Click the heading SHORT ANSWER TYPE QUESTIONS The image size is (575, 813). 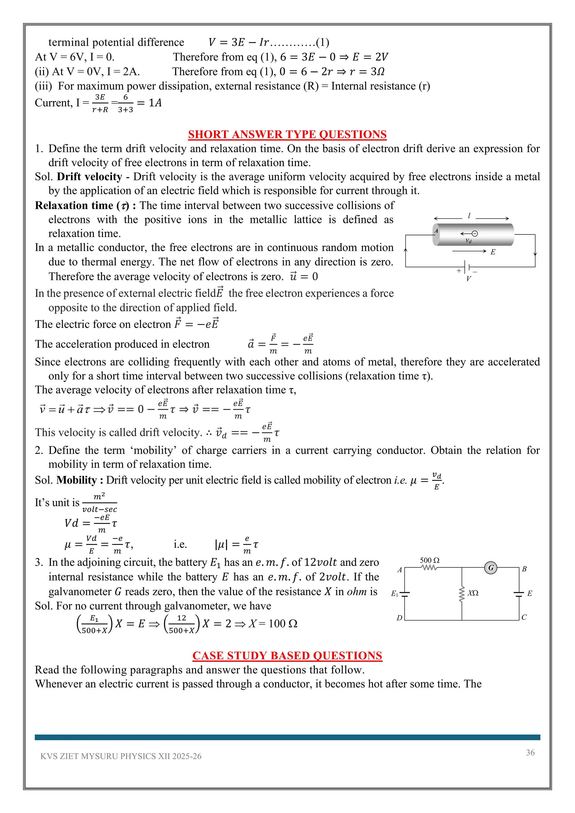click(287, 134)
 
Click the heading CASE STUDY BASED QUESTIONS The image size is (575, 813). click(287, 656)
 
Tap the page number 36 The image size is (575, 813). click(530, 752)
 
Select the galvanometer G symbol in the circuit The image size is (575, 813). click(491, 568)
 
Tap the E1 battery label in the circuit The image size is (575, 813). click(395, 593)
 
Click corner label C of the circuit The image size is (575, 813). click(524, 617)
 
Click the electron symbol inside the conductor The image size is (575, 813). click(475, 233)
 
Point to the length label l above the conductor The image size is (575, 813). click(469, 216)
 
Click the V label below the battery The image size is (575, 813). click(468, 279)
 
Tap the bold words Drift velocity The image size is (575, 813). click(89, 176)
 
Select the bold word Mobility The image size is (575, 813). click(76, 480)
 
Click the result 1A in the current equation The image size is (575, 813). click(155, 103)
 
